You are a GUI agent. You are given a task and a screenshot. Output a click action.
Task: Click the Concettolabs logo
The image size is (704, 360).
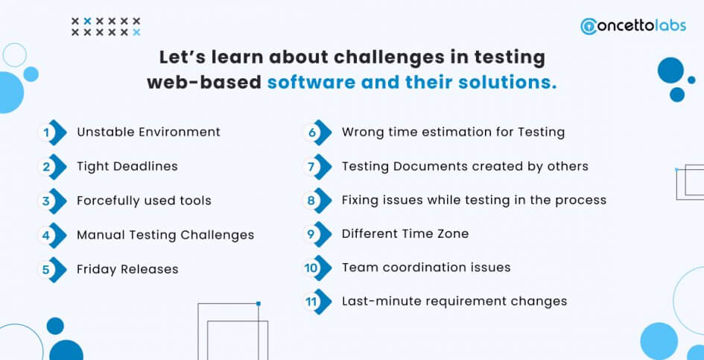(633, 25)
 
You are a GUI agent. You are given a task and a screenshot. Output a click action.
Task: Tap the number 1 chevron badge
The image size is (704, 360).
(52, 133)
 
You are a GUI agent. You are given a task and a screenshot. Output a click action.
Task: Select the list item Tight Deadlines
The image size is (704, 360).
(127, 166)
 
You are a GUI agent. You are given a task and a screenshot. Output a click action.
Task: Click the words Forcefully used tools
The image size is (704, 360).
(144, 200)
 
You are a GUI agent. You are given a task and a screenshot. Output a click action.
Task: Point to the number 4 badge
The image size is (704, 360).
(52, 235)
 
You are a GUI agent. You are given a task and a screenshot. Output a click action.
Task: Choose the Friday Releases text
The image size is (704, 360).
(127, 269)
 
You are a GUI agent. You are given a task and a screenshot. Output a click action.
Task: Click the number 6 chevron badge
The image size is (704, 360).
(317, 133)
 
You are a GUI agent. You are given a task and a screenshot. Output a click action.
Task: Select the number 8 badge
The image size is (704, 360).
(317, 200)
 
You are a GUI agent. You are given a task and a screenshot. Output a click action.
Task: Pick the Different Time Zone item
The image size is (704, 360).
(405, 234)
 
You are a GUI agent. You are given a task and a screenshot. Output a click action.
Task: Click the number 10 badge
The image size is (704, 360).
(317, 268)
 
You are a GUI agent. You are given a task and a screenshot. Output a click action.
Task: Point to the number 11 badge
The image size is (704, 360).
(317, 302)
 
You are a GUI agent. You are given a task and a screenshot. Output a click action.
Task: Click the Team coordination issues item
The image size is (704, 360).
(426, 268)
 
